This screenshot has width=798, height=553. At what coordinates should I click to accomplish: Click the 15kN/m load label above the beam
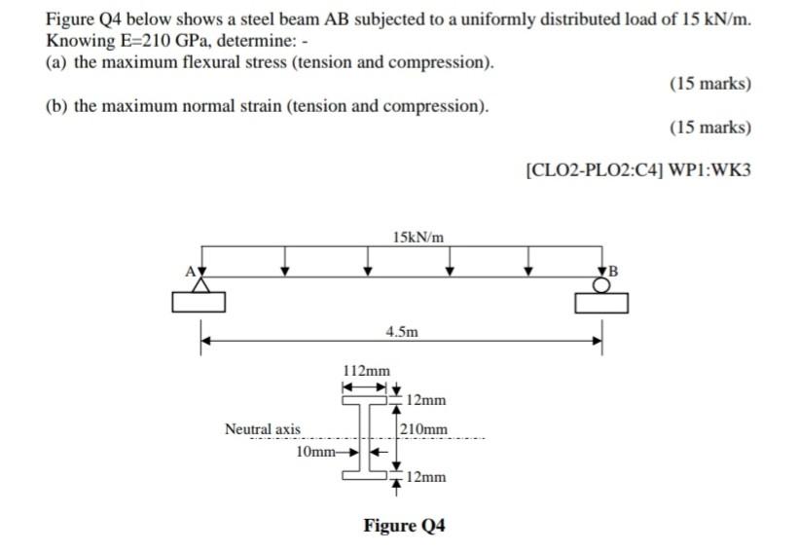pyautogui.click(x=419, y=237)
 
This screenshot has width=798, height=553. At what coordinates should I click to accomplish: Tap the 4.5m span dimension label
pyautogui.click(x=402, y=331)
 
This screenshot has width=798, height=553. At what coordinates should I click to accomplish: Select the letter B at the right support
pyautogui.click(x=613, y=269)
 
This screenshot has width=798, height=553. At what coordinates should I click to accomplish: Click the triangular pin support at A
pyautogui.click(x=200, y=283)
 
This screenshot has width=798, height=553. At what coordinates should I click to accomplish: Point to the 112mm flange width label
pyautogui.click(x=367, y=370)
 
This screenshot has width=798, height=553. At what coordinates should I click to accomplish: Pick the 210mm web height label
pyautogui.click(x=425, y=429)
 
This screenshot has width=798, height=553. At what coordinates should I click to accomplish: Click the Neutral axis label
pyautogui.click(x=263, y=429)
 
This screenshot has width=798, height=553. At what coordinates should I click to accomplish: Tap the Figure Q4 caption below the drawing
pyautogui.click(x=404, y=526)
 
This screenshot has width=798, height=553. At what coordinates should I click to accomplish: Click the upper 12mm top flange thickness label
pyautogui.click(x=426, y=400)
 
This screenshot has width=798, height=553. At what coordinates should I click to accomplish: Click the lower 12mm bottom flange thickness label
pyautogui.click(x=426, y=477)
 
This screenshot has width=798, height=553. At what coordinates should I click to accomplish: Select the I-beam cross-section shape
pyautogui.click(x=369, y=436)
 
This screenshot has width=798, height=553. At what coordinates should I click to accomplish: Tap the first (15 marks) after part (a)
pyautogui.click(x=709, y=84)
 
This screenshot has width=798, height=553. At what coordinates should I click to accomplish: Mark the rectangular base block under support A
pyautogui.click(x=199, y=303)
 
